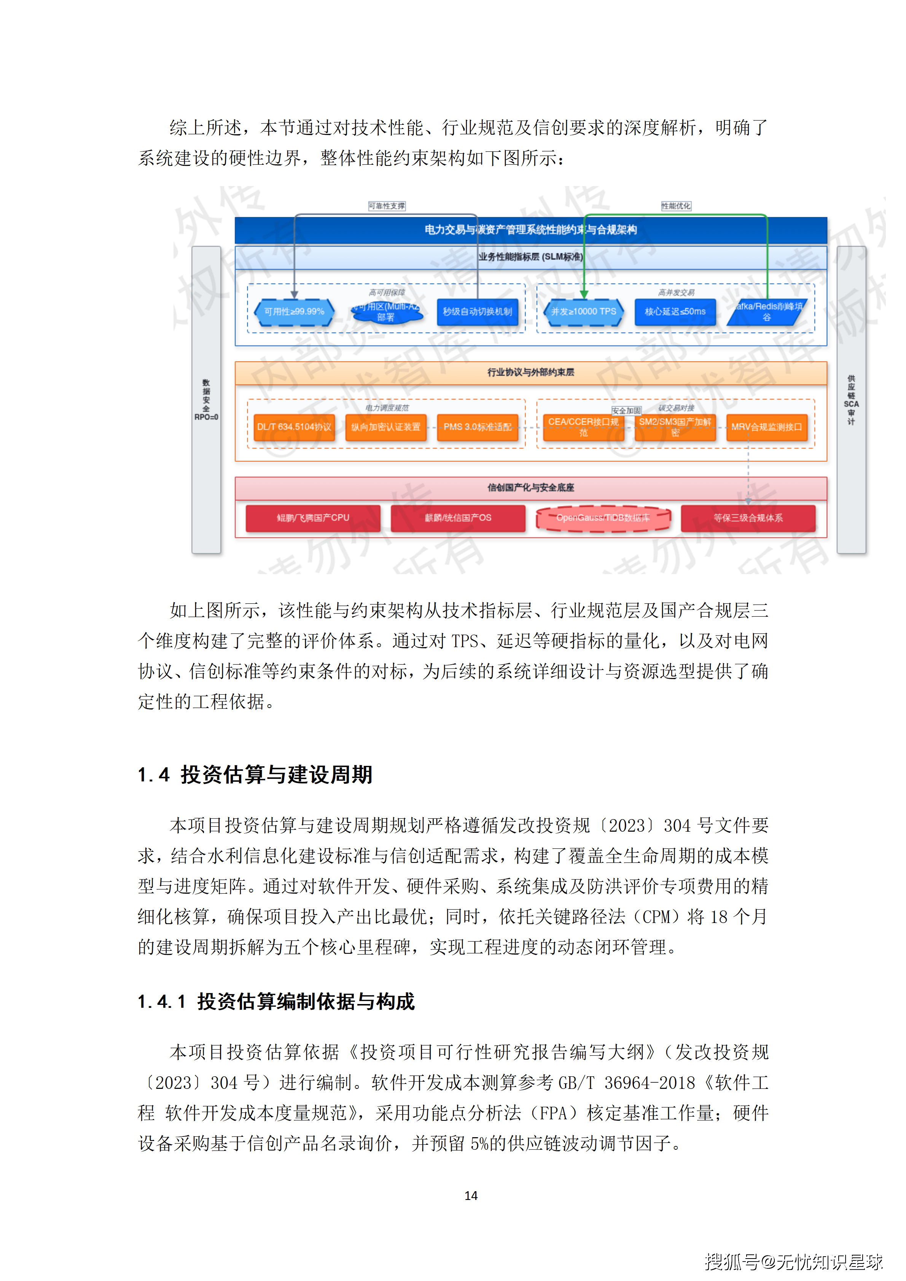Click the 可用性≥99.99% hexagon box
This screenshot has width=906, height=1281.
pyautogui.click(x=294, y=312)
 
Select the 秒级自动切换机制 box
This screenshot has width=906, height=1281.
pyautogui.click(x=477, y=312)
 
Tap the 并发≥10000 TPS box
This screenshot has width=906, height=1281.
pyautogui.click(x=584, y=312)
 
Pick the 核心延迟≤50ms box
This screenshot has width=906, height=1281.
pyautogui.click(x=675, y=312)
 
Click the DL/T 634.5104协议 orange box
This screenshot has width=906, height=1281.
pyautogui.click(x=294, y=427)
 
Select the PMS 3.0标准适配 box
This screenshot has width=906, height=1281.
pyautogui.click(x=477, y=427)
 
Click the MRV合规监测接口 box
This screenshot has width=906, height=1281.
pyautogui.click(x=766, y=427)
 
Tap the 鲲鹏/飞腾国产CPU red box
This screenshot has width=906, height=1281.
pyautogui.click(x=313, y=518)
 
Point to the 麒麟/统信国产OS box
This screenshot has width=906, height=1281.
pyautogui.click(x=458, y=518)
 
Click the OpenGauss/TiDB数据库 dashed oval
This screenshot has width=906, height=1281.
pyautogui.click(x=603, y=518)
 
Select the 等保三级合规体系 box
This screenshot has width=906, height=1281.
pyautogui.click(x=748, y=518)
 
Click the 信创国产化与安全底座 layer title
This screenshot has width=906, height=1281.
pyautogui.click(x=530, y=488)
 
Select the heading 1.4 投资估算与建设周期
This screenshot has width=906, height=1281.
pyautogui.click(x=255, y=775)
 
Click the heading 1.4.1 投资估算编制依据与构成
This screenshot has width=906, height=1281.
pyautogui.click(x=276, y=1002)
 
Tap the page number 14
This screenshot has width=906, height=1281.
pyautogui.click(x=471, y=1196)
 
